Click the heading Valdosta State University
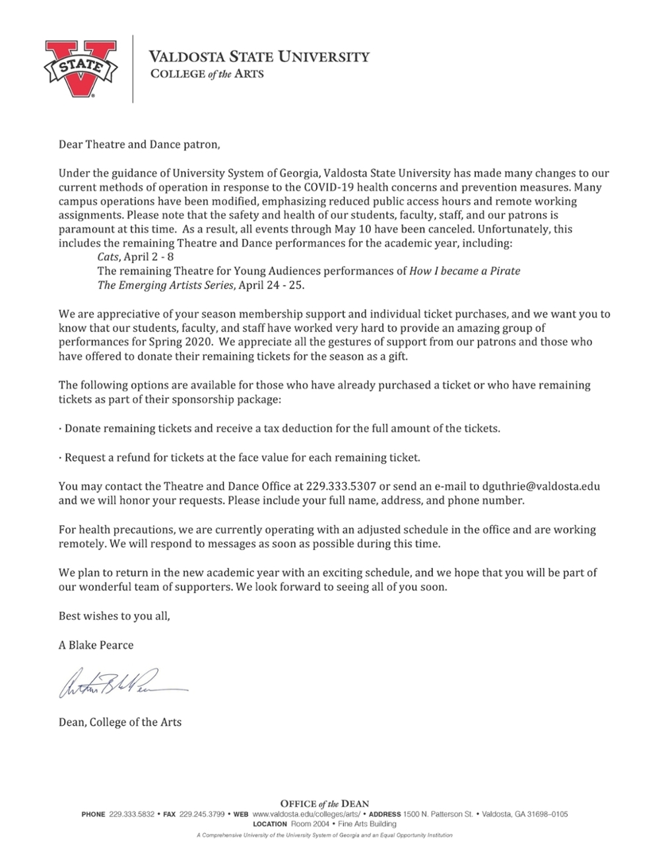(259, 57)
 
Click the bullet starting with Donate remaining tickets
(279, 428)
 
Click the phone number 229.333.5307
(341, 486)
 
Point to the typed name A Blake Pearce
(96, 645)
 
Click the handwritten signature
(122, 688)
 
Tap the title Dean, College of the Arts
(120, 722)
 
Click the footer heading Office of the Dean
(325, 804)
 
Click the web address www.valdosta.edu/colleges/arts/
(307, 814)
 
